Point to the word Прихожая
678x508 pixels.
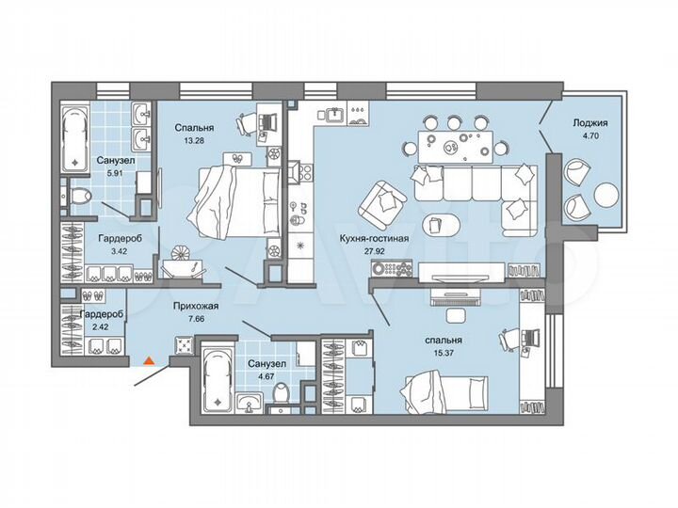197,306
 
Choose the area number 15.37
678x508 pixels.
443,352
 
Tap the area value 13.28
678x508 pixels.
194,140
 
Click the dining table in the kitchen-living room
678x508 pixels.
452,146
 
